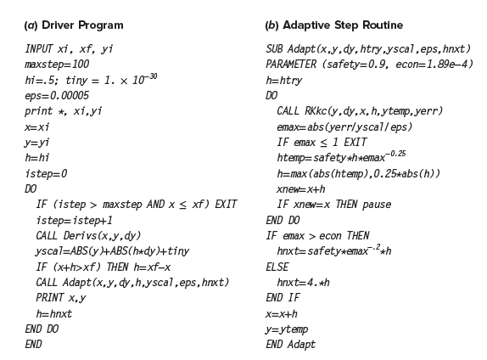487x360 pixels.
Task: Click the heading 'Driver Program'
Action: tap(82, 25)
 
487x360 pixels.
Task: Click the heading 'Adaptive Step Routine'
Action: tap(343, 25)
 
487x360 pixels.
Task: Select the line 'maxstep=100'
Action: tap(57, 65)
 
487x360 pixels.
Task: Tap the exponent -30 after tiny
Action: tap(151, 76)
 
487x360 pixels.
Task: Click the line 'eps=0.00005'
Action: tap(57, 95)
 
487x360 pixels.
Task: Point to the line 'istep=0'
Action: tap(46, 173)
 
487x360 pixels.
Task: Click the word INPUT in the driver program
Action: tap(39, 48)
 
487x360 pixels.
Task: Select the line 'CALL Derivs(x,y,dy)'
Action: tap(88, 236)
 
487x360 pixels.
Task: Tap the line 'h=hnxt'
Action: tap(54, 313)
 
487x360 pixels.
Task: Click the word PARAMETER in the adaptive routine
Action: tap(291, 65)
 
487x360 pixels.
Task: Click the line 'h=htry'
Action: tap(284, 80)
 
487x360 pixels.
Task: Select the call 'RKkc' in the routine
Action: tap(316, 111)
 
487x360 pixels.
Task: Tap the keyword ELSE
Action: tap(277, 267)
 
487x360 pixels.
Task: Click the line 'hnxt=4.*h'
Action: tap(304, 282)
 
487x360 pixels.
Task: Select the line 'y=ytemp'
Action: tap(287, 329)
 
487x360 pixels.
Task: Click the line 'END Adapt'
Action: tap(291, 345)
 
